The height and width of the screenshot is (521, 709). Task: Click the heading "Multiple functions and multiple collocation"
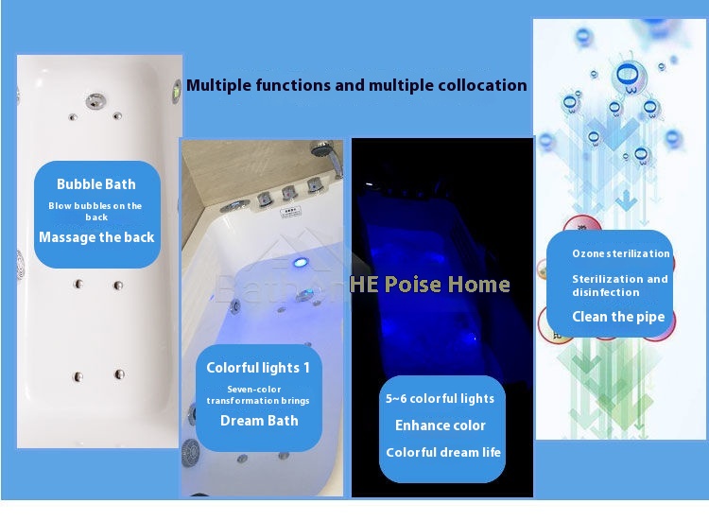click(356, 85)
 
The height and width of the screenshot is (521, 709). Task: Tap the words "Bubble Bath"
click(96, 184)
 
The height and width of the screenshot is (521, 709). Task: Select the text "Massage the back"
click(96, 237)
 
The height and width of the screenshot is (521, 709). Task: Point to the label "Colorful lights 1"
click(258, 368)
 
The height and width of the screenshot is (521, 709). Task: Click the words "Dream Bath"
click(259, 421)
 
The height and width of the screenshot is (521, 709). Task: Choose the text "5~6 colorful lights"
click(440, 398)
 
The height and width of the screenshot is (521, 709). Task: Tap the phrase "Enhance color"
click(441, 425)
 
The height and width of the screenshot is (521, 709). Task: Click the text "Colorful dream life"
click(443, 452)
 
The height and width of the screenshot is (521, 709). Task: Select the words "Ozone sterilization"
click(621, 253)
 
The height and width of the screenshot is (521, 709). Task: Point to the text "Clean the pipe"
click(618, 317)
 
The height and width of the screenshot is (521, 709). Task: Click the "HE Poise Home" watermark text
click(430, 285)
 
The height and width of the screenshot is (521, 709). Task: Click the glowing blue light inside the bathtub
click(300, 262)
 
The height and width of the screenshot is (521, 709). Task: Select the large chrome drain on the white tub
click(95, 101)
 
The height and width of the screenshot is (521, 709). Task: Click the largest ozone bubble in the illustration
click(628, 76)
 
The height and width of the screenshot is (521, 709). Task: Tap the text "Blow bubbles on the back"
click(95, 211)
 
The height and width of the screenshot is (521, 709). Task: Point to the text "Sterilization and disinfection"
click(620, 286)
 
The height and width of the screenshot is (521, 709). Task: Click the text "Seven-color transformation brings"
click(258, 395)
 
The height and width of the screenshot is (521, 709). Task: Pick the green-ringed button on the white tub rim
click(177, 92)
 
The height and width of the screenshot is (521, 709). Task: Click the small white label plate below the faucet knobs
click(290, 212)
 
